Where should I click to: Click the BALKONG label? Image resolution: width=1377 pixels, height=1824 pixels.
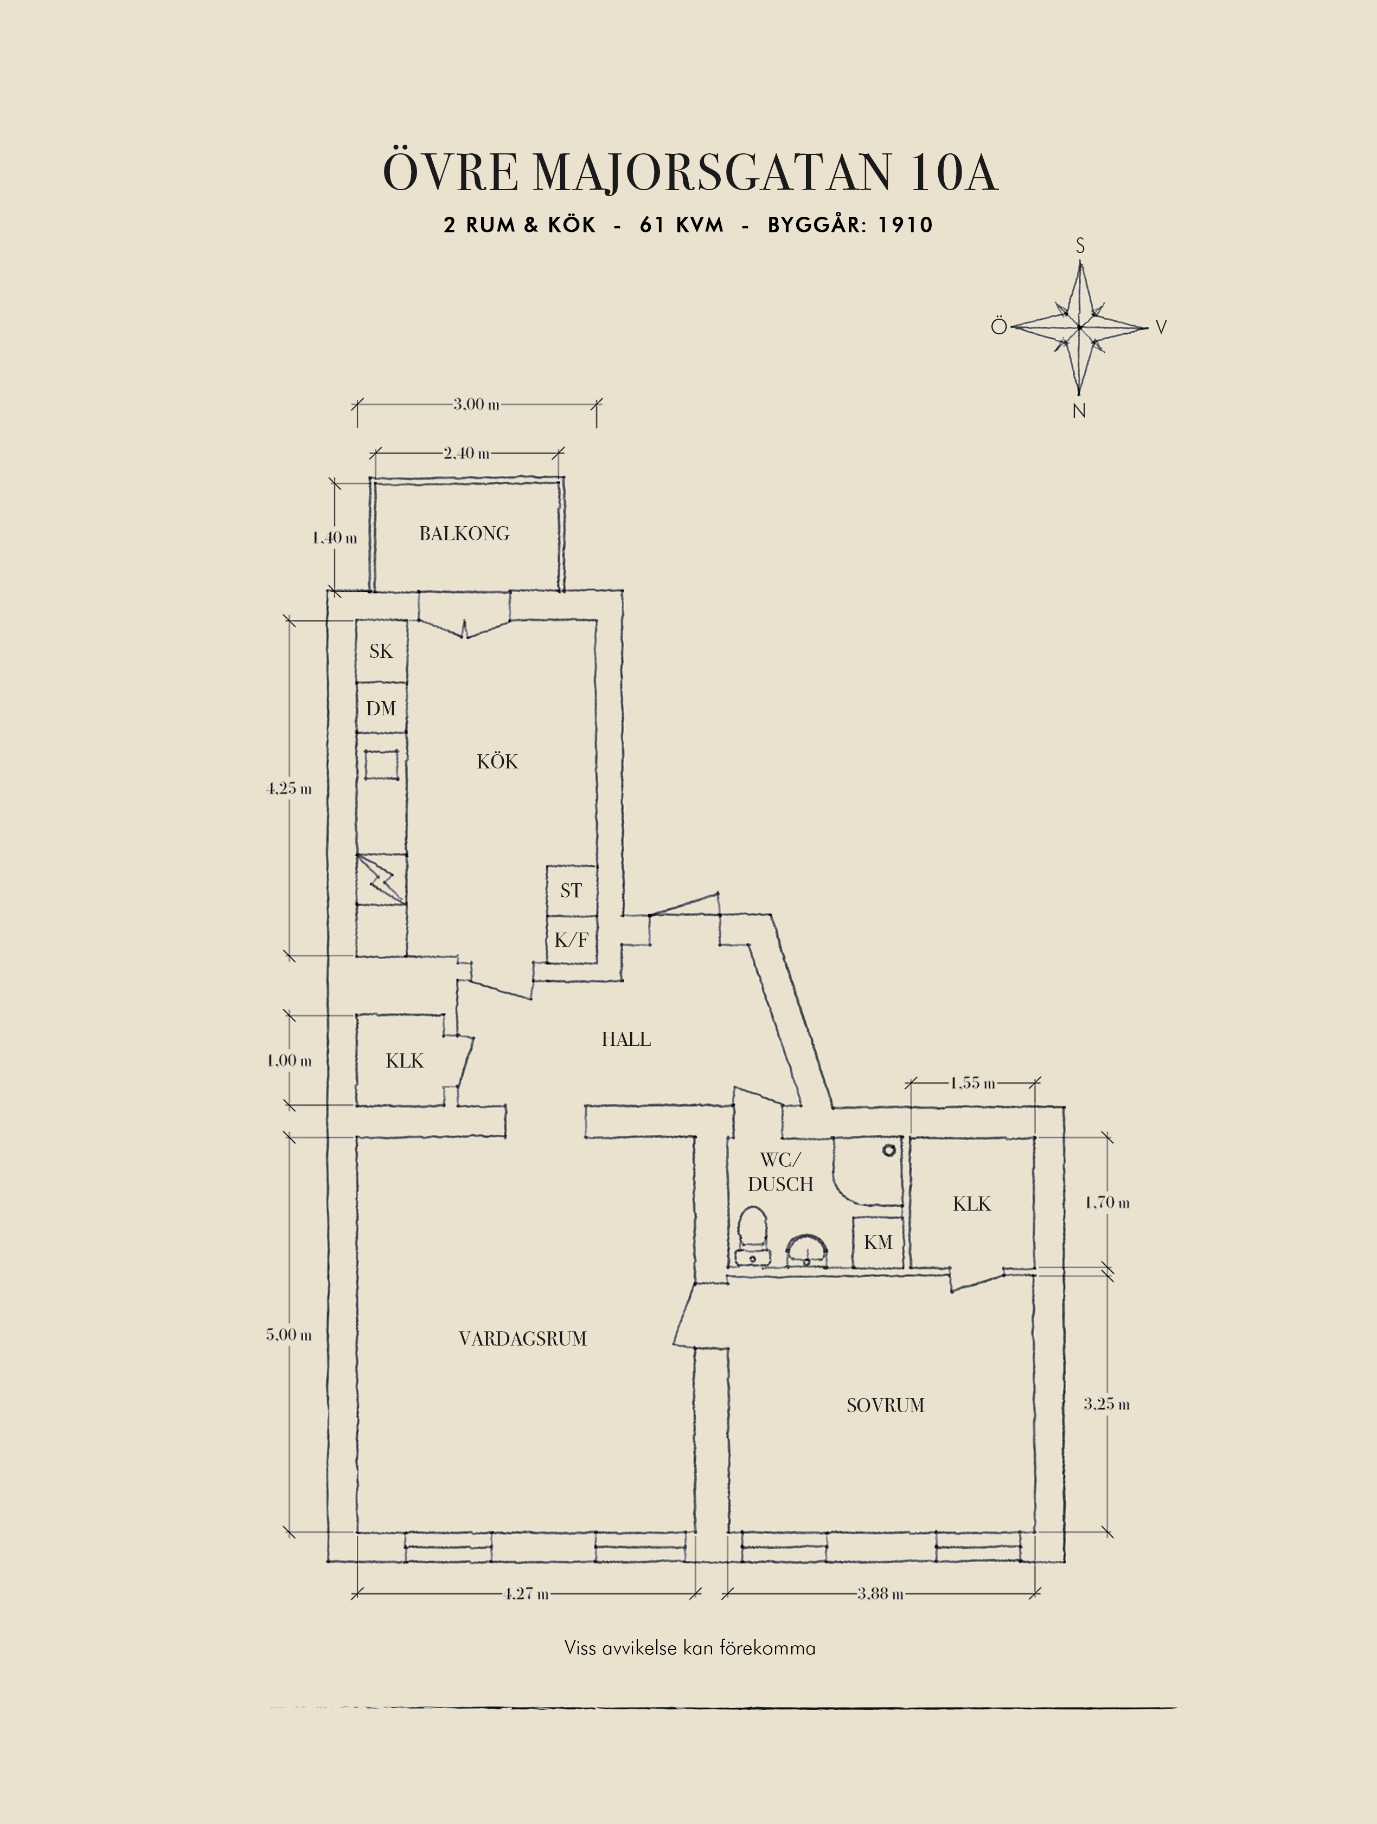pos(464,534)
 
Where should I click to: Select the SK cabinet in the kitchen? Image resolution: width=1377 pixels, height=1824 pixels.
pos(381,651)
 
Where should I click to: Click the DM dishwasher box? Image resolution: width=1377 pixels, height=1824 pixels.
pos(381,708)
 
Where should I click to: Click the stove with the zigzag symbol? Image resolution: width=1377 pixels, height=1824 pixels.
pos(381,879)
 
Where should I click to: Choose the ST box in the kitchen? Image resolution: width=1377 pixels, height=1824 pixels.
pos(571,890)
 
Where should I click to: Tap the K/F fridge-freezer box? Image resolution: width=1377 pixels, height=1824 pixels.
pos(571,939)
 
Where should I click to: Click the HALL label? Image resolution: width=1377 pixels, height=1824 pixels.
pos(626,1039)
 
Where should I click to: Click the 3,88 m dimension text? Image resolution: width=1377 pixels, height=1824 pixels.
pos(880,1594)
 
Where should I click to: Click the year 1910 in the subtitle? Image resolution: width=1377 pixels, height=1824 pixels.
pos(905,225)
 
